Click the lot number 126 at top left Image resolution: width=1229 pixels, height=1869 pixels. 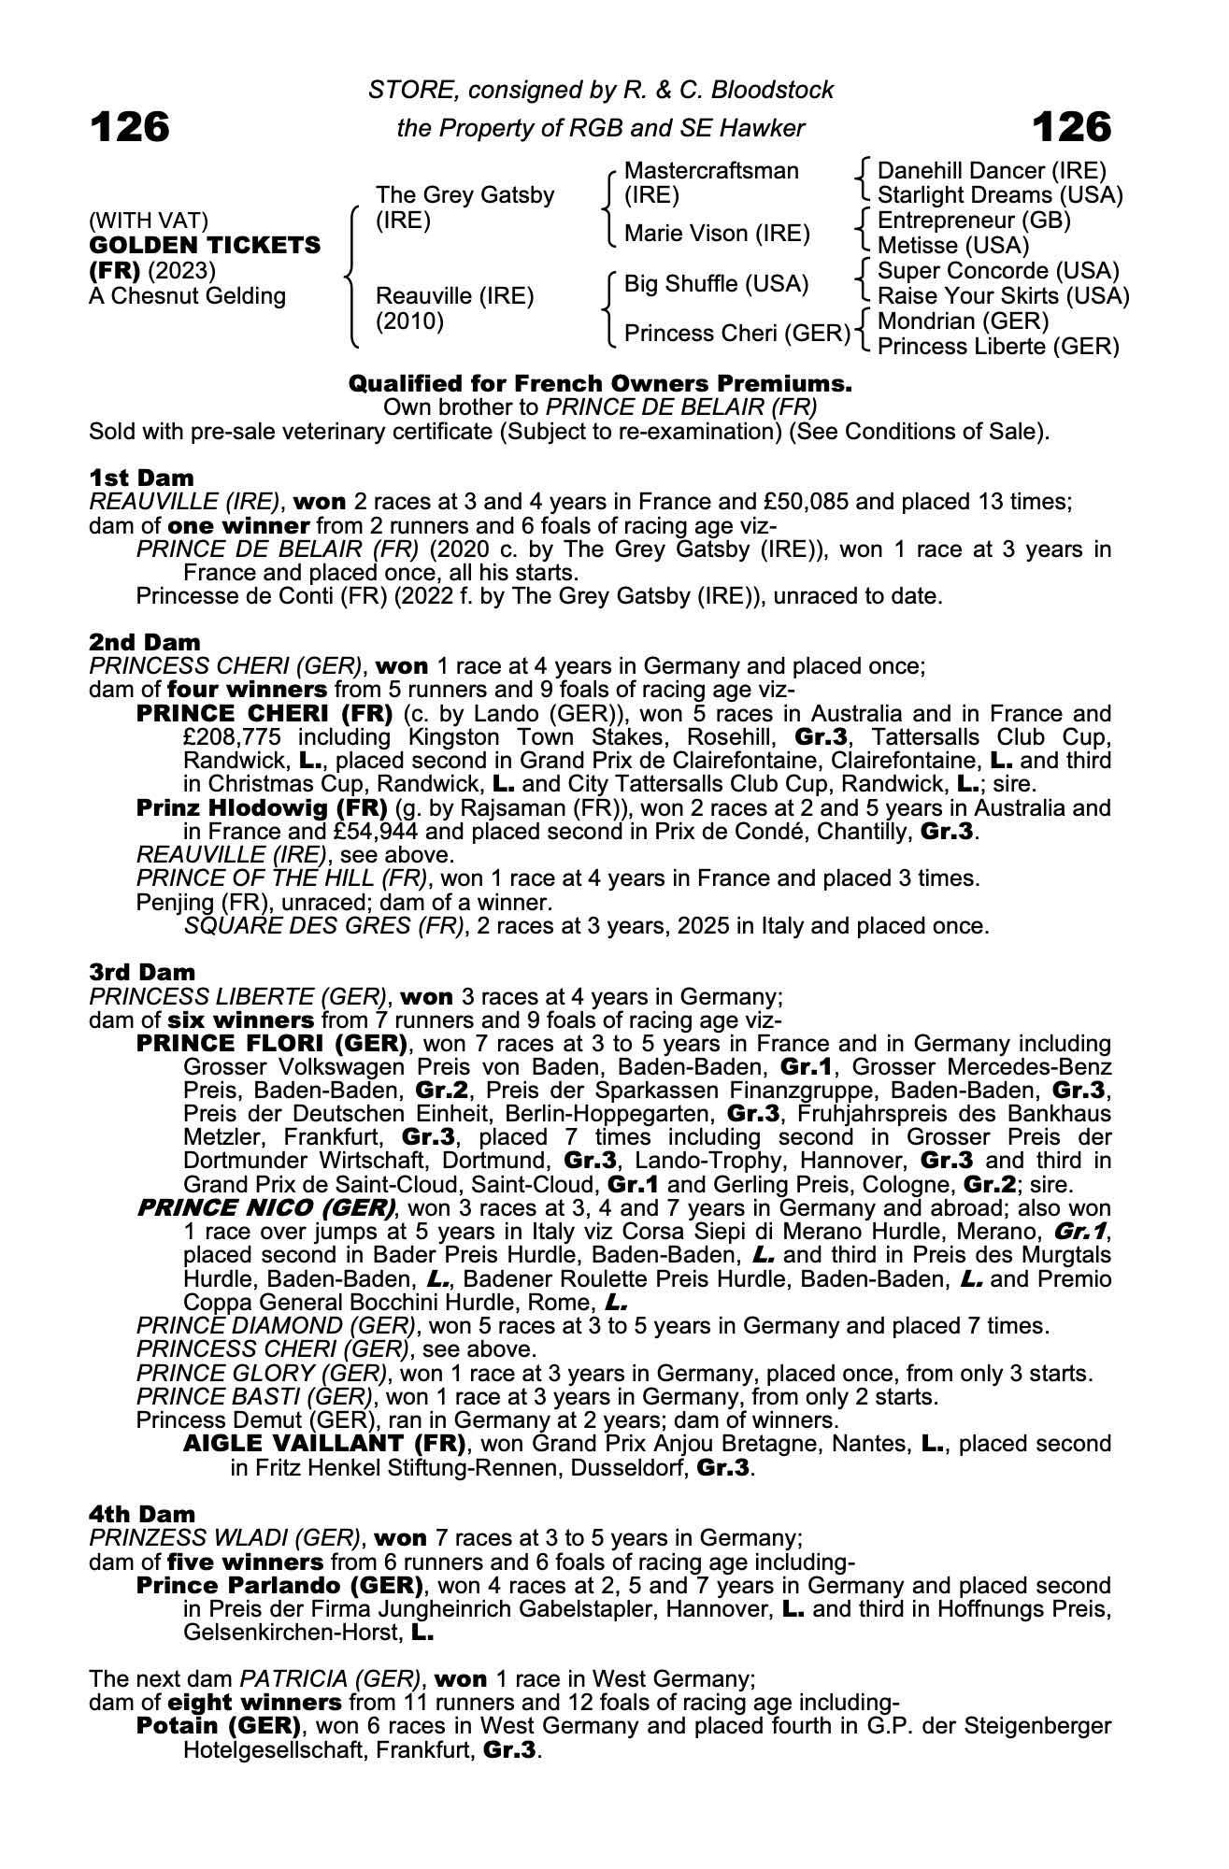pyautogui.click(x=130, y=127)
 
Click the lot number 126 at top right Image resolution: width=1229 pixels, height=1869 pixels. pyautogui.click(x=1071, y=127)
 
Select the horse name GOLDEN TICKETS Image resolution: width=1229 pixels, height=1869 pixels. pyautogui.click(x=205, y=246)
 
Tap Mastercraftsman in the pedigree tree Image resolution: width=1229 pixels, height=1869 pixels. pyautogui.click(x=711, y=171)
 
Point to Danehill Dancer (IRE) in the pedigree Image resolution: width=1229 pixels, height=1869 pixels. pyautogui.click(x=992, y=171)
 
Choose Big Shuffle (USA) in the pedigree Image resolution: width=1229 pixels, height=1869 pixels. pyautogui.click(x=716, y=283)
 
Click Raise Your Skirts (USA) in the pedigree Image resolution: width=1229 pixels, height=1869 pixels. pyautogui.click(x=1004, y=296)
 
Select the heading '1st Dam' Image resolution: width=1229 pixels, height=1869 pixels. pyautogui.click(x=141, y=478)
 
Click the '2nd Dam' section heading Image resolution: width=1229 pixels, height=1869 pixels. pyautogui.click(x=145, y=642)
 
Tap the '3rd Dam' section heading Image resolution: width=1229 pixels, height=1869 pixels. pyautogui.click(x=143, y=972)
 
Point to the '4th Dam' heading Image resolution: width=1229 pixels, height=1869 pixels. pyautogui.click(x=143, y=1514)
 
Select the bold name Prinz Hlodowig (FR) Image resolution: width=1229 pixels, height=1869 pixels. pyautogui.click(x=262, y=807)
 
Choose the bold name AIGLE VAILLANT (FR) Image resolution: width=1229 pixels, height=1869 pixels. pyautogui.click(x=324, y=1444)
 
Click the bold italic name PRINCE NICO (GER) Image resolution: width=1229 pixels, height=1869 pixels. pyautogui.click(x=265, y=1207)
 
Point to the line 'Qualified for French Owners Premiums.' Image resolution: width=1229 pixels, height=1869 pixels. pyautogui.click(x=600, y=384)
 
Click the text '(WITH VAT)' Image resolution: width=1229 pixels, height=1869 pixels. pyautogui.click(x=149, y=221)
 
